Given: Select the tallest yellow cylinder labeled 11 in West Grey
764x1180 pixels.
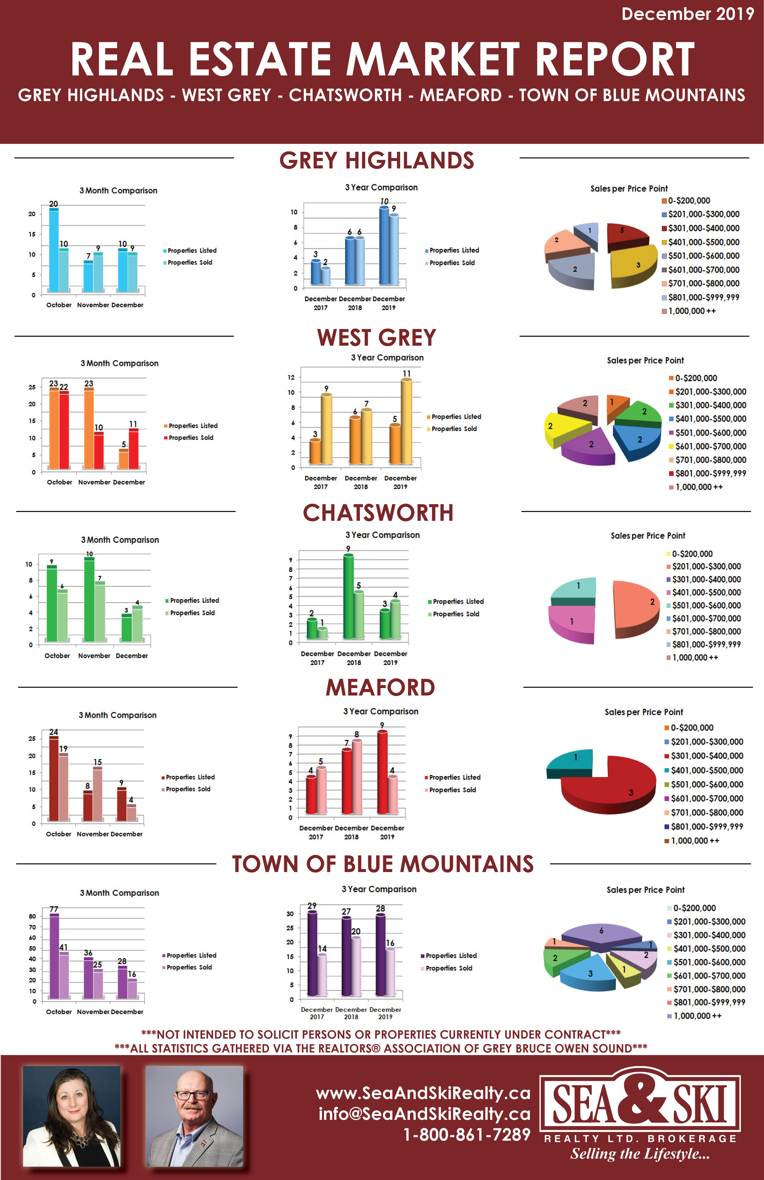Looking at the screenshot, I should coord(406,421).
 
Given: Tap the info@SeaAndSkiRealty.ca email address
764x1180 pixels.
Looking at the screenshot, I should coord(424,1114).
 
